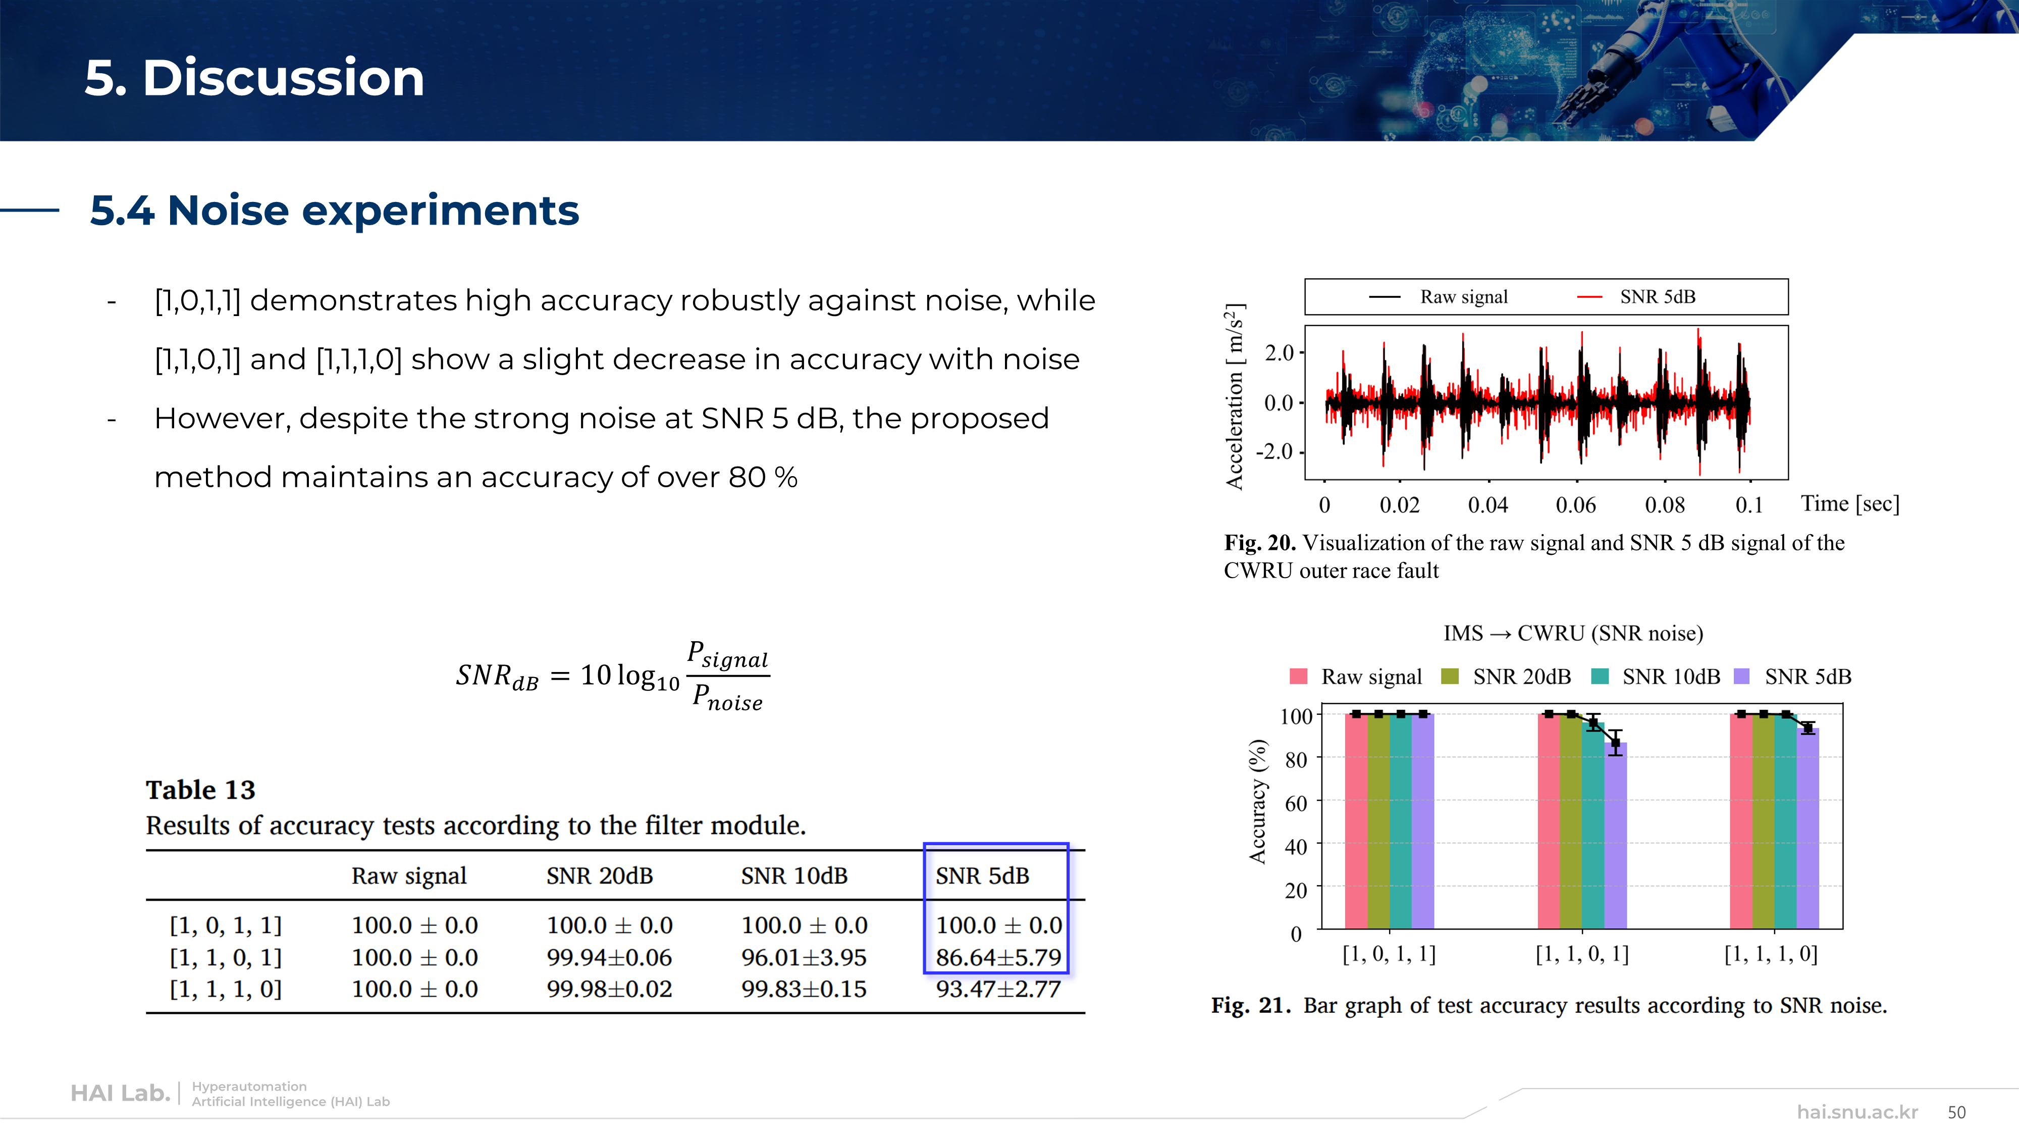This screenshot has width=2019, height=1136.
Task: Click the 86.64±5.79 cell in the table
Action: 998,957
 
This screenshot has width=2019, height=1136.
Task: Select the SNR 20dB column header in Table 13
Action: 600,875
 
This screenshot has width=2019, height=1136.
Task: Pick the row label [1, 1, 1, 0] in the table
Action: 226,990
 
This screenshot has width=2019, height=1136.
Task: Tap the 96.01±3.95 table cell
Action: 804,957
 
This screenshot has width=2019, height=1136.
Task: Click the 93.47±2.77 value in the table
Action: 998,990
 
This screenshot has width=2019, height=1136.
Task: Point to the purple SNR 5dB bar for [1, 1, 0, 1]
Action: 1615,836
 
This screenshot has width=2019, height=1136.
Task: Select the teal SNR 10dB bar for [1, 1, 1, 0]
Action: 1785,821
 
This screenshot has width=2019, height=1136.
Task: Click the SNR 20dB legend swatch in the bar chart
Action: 1450,677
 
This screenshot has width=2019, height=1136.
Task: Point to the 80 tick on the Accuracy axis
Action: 1296,760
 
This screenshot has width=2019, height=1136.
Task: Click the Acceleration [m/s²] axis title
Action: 1235,396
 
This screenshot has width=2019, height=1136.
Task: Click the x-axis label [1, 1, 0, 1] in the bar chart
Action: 1582,954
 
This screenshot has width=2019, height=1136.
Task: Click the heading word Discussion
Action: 283,78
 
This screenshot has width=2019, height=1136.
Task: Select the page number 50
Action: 1957,1112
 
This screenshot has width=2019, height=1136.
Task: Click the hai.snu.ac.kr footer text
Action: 1857,1112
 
